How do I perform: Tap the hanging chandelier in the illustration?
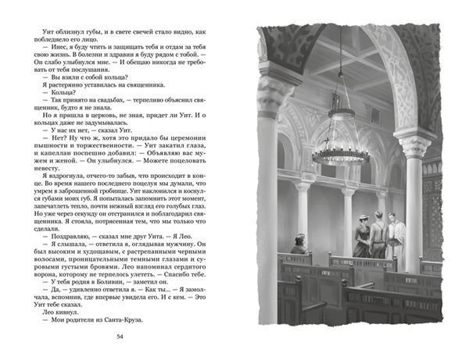341,145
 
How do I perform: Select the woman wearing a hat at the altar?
363,234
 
